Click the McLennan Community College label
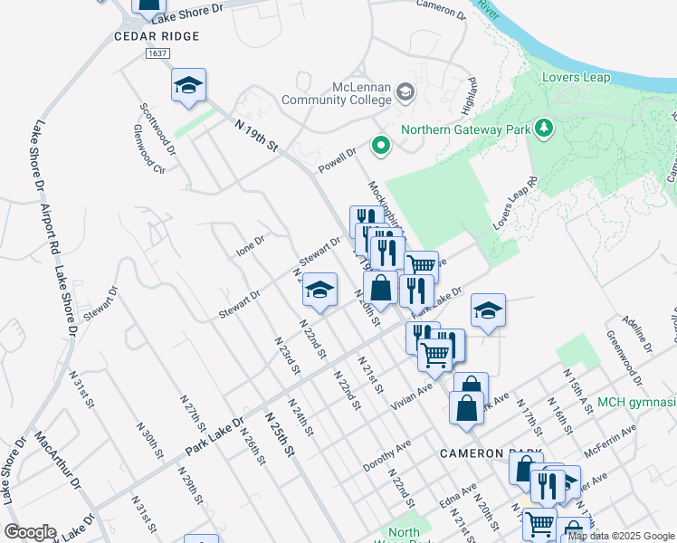(335, 93)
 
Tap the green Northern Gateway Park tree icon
(544, 129)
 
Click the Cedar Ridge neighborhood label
(156, 36)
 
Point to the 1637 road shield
(157, 54)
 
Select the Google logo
(31, 532)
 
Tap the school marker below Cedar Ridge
(189, 86)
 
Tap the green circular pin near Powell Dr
(381, 144)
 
